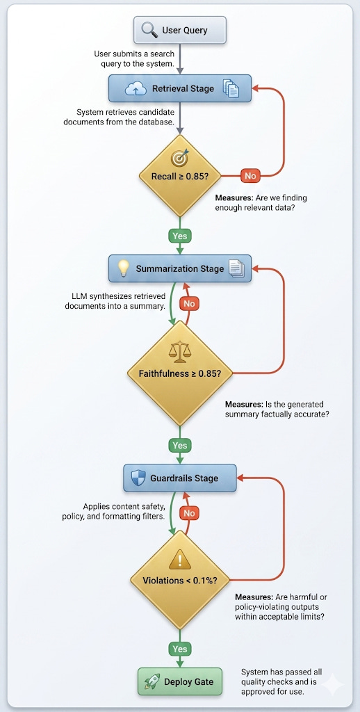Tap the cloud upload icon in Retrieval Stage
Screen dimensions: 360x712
[x=136, y=89]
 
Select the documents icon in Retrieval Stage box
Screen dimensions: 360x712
[x=231, y=88]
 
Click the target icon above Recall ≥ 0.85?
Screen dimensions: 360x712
[x=179, y=158]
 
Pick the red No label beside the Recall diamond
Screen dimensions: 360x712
[x=249, y=175]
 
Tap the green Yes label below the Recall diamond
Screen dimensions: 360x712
[x=180, y=236]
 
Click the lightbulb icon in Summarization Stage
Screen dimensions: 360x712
[x=124, y=268]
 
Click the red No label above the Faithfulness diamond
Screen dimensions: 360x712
[x=190, y=303]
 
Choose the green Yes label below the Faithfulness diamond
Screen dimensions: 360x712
[x=180, y=446]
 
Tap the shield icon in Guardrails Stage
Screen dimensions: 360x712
[x=138, y=478]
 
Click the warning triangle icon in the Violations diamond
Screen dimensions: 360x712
[x=180, y=560]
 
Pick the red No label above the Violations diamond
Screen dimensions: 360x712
[x=190, y=513]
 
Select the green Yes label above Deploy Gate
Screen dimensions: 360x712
[x=180, y=649]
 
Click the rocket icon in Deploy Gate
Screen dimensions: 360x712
[x=152, y=681]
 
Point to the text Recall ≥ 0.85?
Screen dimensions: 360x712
[x=180, y=175]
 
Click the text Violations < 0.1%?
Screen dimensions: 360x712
[x=179, y=581]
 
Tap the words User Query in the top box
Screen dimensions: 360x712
[x=185, y=31]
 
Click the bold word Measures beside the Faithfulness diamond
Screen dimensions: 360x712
[x=243, y=404]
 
